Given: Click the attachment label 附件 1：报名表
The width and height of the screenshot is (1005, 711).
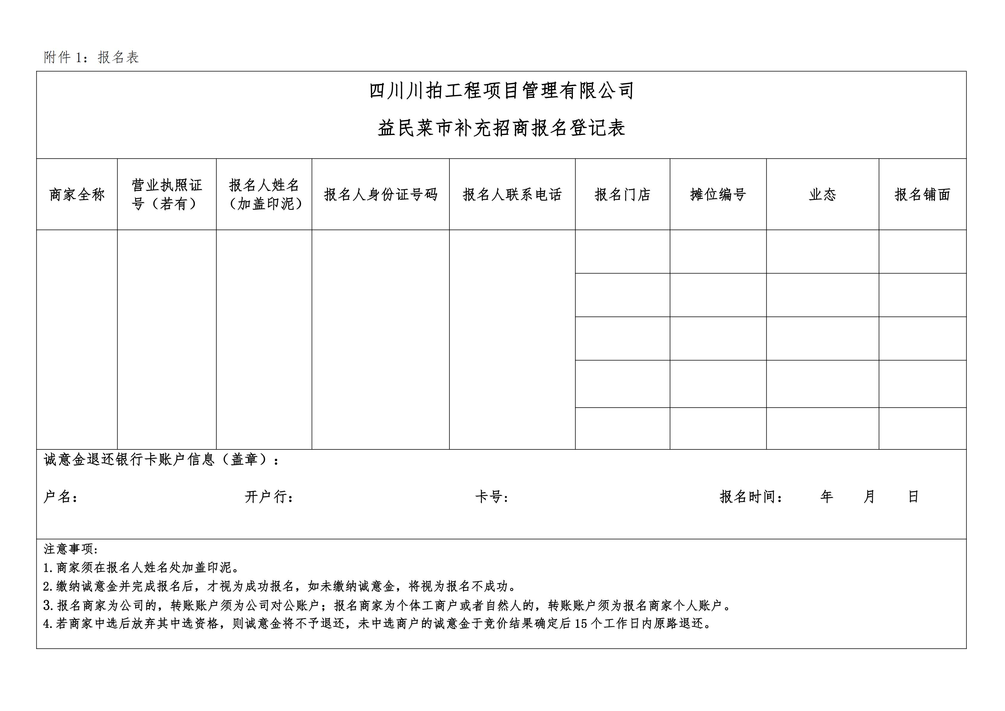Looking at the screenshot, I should [x=91, y=57].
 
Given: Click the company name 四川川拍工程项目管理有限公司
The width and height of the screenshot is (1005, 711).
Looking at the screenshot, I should [x=502, y=91].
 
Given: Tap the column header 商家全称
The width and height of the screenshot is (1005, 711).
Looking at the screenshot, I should [x=77, y=194].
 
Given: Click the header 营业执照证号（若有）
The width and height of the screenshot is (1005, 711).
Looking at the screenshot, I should [x=167, y=194].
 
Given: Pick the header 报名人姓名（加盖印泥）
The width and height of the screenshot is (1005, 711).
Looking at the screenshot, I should [x=264, y=194].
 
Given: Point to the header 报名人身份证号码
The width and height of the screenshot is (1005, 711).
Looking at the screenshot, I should [x=380, y=194].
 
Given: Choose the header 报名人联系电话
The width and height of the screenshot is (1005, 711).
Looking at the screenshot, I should [x=512, y=194].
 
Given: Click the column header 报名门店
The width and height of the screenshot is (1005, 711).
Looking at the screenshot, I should [x=622, y=194].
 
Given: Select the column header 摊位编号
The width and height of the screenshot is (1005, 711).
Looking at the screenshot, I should [x=718, y=194].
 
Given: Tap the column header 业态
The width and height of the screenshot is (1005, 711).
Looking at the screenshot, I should [x=822, y=194].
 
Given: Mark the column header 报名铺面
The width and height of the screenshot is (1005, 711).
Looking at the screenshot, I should [x=922, y=194].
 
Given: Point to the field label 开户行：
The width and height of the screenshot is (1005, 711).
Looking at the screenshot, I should [x=269, y=497].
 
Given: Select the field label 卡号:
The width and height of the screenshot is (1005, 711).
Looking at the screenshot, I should [x=491, y=497].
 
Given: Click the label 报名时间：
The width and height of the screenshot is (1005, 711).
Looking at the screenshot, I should [x=751, y=497].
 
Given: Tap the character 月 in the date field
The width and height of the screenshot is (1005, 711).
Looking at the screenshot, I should [x=869, y=497].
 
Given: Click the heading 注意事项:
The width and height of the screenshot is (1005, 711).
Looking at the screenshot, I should [x=71, y=549].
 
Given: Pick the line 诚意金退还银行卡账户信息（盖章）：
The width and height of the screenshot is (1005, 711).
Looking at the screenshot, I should [x=161, y=460].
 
